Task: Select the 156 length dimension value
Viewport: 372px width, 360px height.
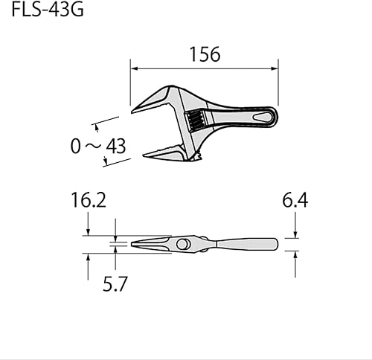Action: pos(204,55)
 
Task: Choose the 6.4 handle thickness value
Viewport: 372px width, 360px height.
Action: pos(295,201)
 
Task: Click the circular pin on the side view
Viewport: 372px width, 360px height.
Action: pos(182,245)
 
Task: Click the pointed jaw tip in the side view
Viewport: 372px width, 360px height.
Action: pos(134,244)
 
